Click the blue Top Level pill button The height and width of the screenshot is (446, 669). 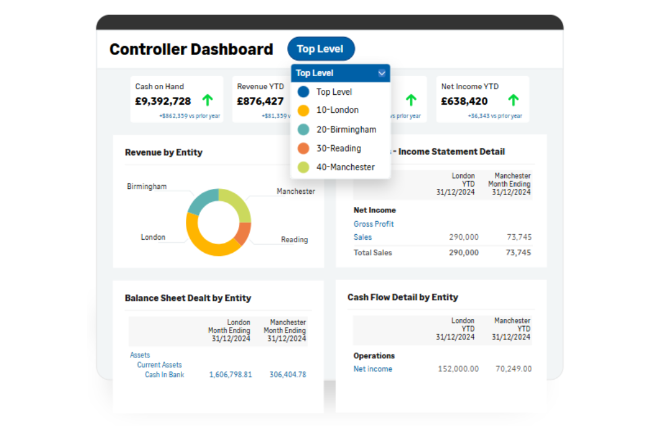point(321,49)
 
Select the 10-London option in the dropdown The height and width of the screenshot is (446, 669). point(337,110)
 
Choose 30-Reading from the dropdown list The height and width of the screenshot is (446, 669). point(338,148)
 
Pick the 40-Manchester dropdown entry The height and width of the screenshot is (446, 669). point(345,167)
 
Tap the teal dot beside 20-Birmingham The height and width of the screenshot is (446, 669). point(303,129)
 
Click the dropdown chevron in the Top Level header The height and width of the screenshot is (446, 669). point(382,73)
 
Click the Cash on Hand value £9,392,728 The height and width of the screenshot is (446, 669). point(163,101)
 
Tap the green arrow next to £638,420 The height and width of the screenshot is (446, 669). point(513,100)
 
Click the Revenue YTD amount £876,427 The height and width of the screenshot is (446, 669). point(260,101)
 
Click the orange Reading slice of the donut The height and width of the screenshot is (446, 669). point(243,232)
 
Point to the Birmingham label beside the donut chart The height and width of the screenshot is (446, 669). point(147,186)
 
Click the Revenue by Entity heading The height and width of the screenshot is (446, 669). point(164,152)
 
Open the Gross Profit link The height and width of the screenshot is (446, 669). point(374,224)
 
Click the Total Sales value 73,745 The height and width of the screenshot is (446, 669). point(518,253)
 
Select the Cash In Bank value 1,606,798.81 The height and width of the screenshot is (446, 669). point(230,375)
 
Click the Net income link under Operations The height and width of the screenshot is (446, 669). point(373,369)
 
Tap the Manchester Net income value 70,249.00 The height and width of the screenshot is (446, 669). point(514,369)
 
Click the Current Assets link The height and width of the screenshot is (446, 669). point(159,365)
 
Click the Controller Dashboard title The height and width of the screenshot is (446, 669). point(191,50)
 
